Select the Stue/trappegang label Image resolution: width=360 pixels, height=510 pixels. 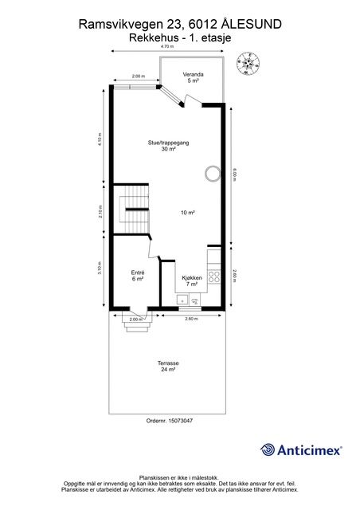click(168, 145)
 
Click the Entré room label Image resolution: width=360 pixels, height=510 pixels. click(138, 275)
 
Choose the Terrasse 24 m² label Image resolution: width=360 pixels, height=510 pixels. click(168, 367)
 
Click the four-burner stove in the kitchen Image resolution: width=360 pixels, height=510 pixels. click(213, 277)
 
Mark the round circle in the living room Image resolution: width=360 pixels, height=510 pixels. click(213, 173)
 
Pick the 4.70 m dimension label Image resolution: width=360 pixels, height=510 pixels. click(167, 47)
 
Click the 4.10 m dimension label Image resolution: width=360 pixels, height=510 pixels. click(100, 138)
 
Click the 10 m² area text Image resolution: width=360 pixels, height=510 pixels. click(188, 213)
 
